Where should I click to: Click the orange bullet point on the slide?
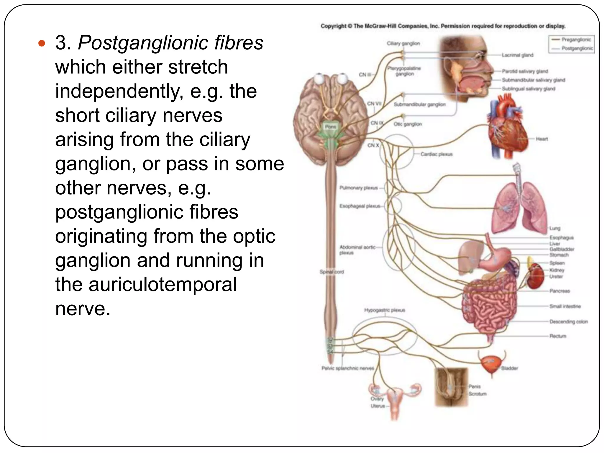(x=42, y=43)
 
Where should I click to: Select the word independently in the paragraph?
(x=119, y=91)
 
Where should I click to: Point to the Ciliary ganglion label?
(x=403, y=43)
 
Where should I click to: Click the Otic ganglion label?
(x=408, y=124)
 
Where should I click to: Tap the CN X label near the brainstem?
(x=373, y=145)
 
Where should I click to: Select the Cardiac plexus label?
(x=436, y=154)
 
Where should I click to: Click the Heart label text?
(x=542, y=139)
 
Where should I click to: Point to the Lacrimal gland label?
(x=518, y=55)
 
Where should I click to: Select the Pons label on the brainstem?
(x=330, y=127)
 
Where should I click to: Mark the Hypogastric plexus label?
(x=385, y=310)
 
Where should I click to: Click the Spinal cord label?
(x=331, y=272)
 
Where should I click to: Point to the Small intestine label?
(x=565, y=306)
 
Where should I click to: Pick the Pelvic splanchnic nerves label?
(x=347, y=368)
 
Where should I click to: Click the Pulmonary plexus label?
(x=358, y=188)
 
